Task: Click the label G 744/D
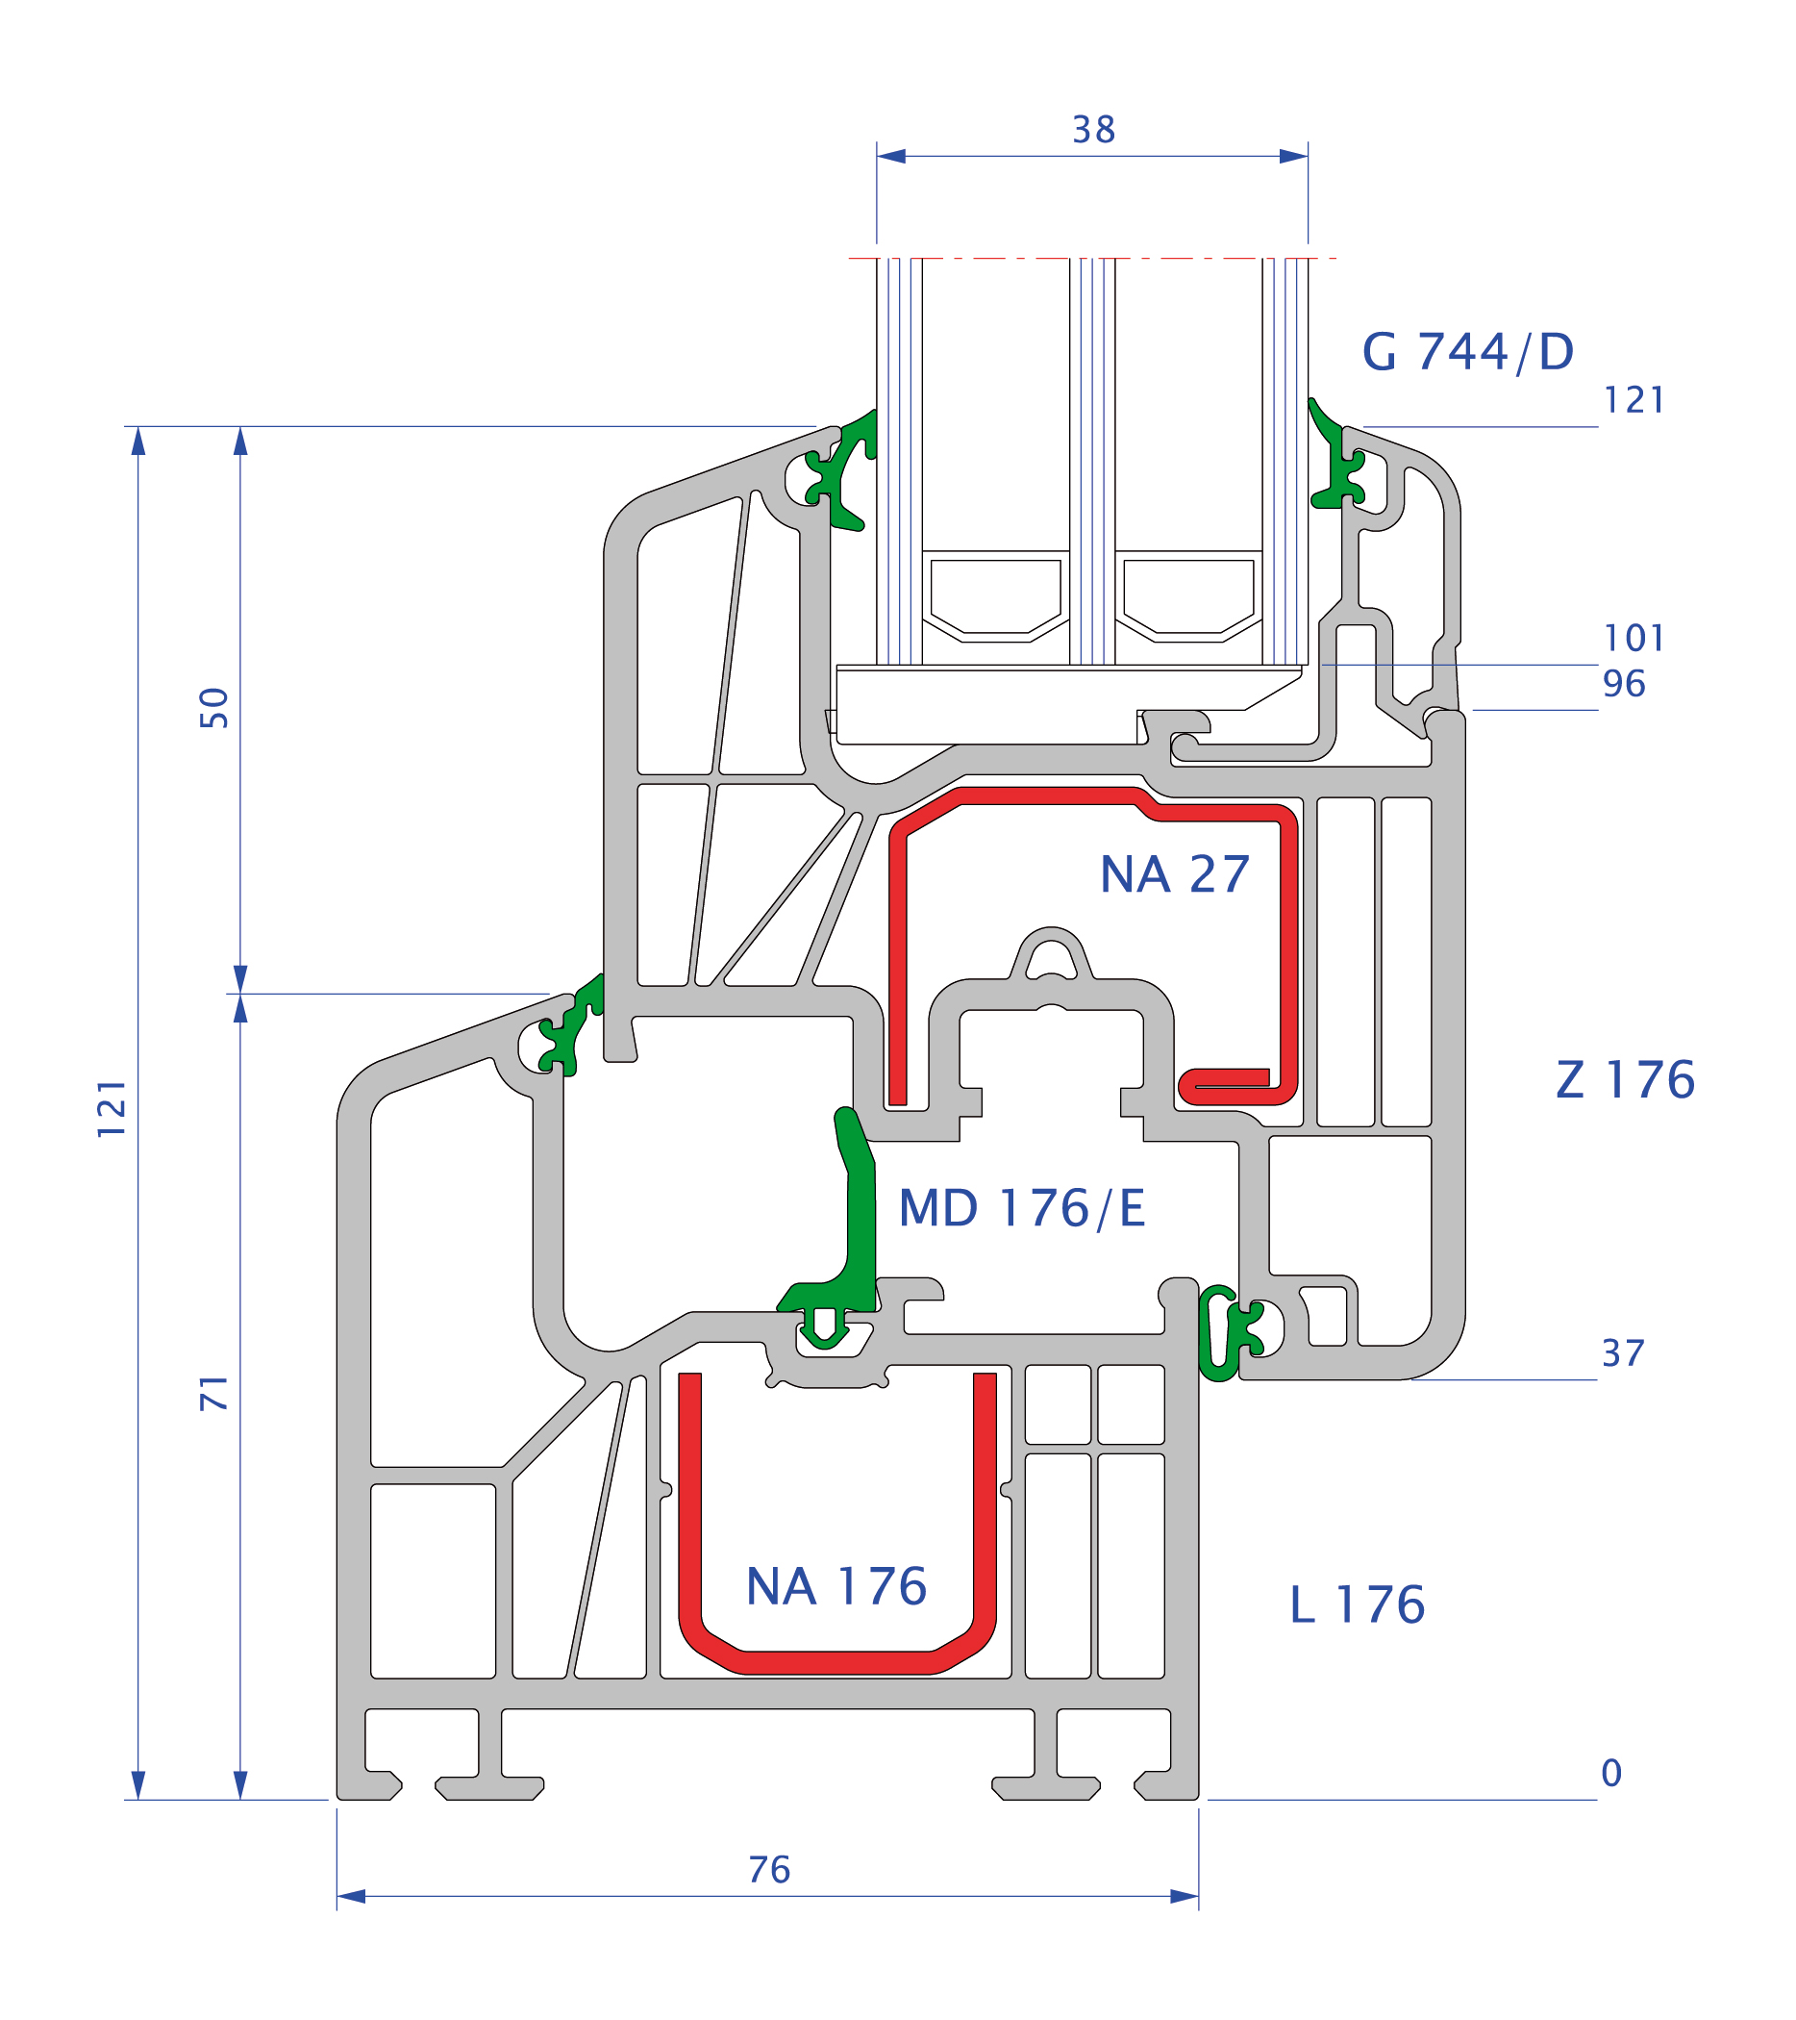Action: coord(1468,352)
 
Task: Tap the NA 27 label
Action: coord(1175,874)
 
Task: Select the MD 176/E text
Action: coord(1021,1209)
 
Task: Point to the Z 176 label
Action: coord(1625,1079)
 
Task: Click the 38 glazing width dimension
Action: coord(1093,130)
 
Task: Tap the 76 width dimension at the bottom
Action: coord(768,1870)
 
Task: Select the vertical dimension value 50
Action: coord(213,708)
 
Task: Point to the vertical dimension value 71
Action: coord(213,1393)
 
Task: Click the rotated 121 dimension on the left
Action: coord(112,1109)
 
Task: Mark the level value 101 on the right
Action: coord(1634,639)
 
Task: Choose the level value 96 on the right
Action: coord(1623,684)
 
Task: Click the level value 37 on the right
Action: coord(1623,1353)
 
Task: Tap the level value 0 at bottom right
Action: coord(1611,1773)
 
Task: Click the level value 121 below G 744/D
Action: coord(1634,400)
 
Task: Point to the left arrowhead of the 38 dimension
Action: coord(891,156)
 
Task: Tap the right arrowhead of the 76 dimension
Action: coord(1184,1897)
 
